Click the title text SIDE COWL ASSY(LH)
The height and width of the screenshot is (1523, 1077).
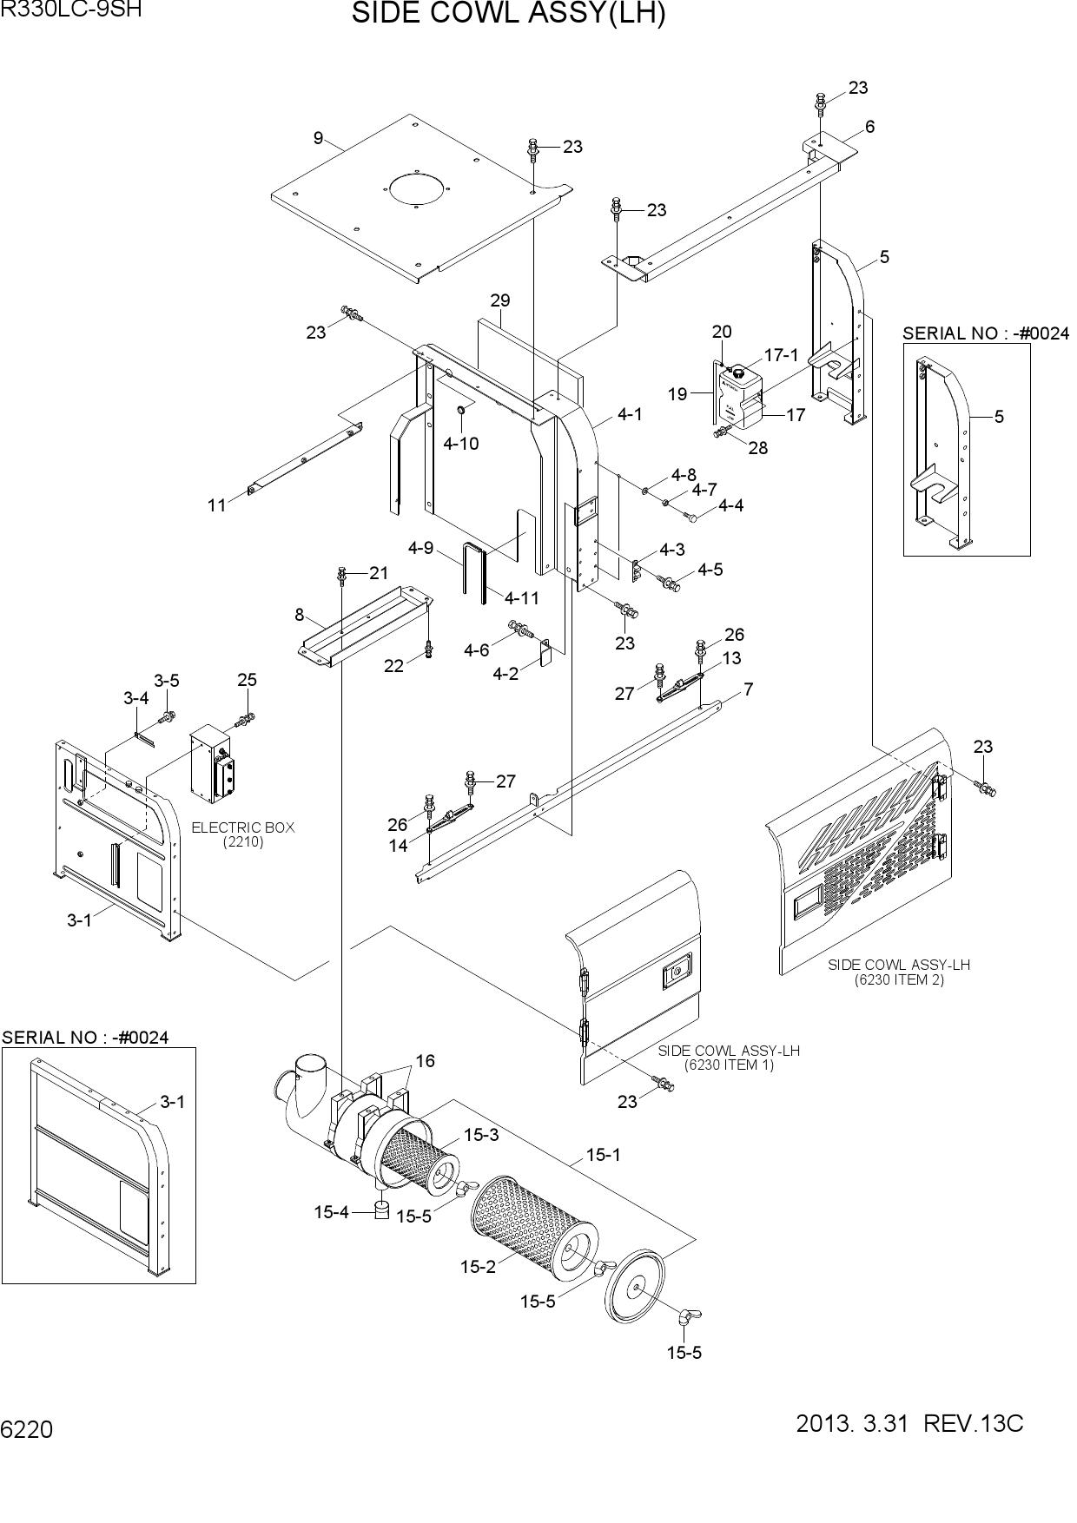pyautogui.click(x=508, y=14)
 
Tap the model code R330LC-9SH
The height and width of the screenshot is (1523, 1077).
pyautogui.click(x=70, y=10)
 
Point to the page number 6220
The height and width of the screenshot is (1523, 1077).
pyautogui.click(x=27, y=1429)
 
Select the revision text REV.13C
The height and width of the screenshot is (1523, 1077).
pyautogui.click(x=974, y=1424)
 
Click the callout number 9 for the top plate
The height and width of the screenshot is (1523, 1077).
pyautogui.click(x=318, y=137)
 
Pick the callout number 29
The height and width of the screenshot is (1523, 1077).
pyautogui.click(x=499, y=300)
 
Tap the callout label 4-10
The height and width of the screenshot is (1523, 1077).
pyautogui.click(x=460, y=444)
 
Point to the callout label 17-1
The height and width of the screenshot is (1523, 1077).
pyautogui.click(x=781, y=355)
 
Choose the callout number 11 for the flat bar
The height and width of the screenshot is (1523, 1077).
pyautogui.click(x=216, y=504)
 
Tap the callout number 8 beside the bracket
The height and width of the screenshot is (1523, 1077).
pyautogui.click(x=300, y=615)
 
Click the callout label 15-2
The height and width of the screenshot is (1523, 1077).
pyautogui.click(x=478, y=1267)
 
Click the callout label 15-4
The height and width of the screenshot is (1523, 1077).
pyautogui.click(x=331, y=1212)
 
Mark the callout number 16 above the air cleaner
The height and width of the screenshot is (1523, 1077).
pyautogui.click(x=425, y=1061)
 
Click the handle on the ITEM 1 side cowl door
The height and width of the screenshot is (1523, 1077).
pyautogui.click(x=675, y=972)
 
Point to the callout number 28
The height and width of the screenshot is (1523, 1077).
pyautogui.click(x=757, y=449)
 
